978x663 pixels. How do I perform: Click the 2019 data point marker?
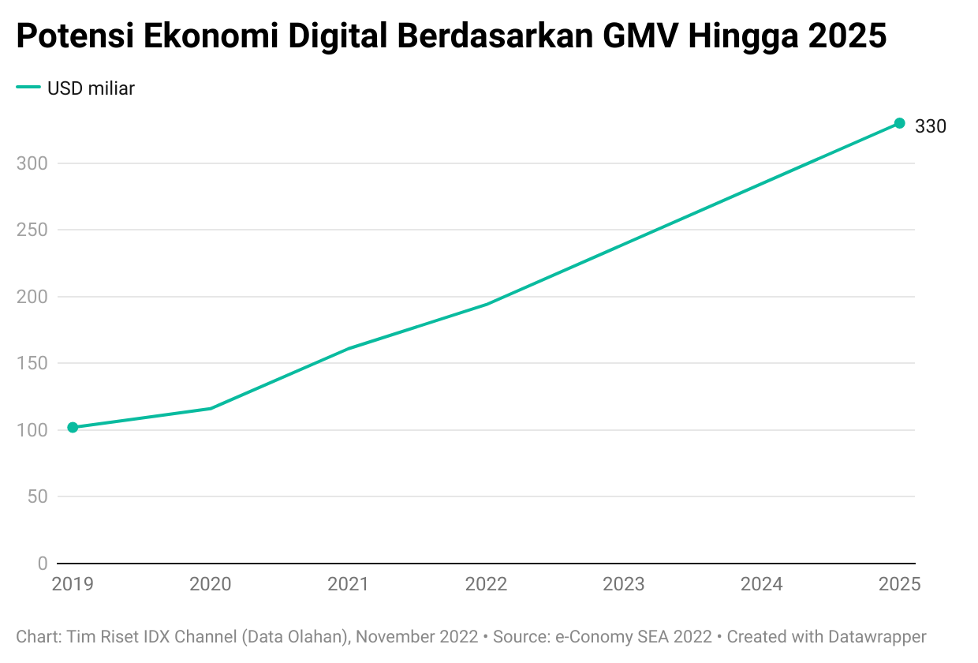click(73, 427)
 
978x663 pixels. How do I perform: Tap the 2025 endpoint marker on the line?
click(899, 123)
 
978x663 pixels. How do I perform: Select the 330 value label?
click(930, 125)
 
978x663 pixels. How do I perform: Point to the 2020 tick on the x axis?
click(211, 584)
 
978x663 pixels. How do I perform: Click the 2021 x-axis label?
click(348, 584)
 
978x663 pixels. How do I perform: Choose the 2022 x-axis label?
click(486, 584)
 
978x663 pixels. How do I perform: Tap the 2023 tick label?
click(624, 584)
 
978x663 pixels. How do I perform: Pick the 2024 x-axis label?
click(761, 584)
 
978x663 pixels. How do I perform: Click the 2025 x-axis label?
click(899, 584)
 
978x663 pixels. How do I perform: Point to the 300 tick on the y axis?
click(32, 163)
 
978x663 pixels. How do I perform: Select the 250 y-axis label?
click(32, 230)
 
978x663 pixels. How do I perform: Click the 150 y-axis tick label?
click(32, 363)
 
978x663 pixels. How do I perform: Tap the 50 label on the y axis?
click(36, 496)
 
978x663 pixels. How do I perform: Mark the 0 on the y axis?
click(42, 563)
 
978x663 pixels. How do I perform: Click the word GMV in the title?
click(636, 36)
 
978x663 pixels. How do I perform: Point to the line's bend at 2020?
click(211, 408)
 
